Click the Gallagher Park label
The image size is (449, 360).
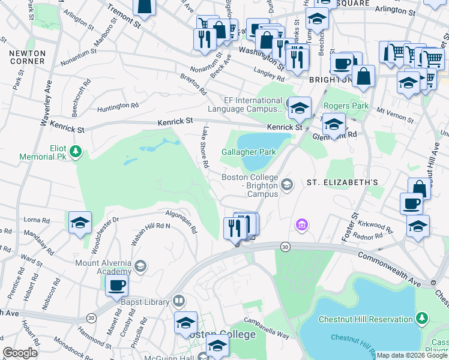(x=249, y=152)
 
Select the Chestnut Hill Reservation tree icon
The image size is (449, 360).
(x=423, y=317)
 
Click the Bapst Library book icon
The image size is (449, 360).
(x=179, y=300)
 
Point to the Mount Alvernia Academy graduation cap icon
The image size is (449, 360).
(x=140, y=265)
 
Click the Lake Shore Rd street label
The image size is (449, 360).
(x=205, y=147)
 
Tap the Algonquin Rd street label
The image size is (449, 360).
(x=182, y=220)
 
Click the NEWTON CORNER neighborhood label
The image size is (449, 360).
(x=27, y=57)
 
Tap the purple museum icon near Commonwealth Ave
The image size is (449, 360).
(x=301, y=225)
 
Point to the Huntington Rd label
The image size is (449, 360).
(x=118, y=106)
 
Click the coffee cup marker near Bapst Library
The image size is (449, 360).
(x=116, y=284)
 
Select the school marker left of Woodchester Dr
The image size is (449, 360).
(x=80, y=222)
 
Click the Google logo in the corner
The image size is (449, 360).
(x=20, y=353)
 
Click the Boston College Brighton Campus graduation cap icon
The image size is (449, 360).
(x=287, y=184)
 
